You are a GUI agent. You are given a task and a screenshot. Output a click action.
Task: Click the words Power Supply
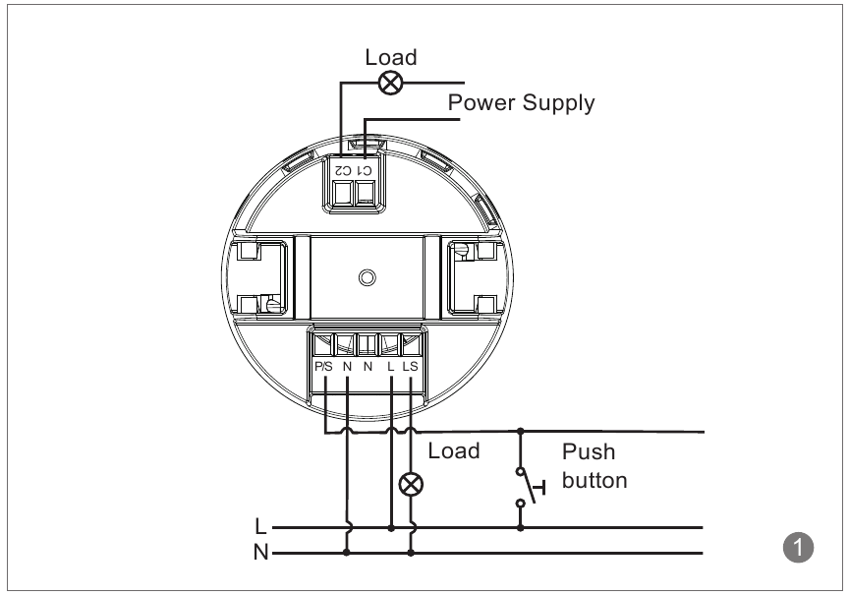pos(521,102)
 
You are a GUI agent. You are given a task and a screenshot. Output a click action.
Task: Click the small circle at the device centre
pos(367,277)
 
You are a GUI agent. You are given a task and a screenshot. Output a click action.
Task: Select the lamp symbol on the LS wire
pos(411,484)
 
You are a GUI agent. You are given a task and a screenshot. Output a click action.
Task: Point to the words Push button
pos(594,467)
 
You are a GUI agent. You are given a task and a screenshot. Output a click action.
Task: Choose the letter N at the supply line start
pos(259,553)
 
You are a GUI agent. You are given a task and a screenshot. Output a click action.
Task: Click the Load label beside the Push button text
pos(454,451)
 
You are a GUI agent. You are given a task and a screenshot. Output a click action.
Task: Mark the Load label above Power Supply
pos(391,57)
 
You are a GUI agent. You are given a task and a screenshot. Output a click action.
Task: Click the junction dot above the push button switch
pos(520,431)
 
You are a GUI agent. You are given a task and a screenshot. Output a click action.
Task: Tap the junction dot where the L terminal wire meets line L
pos(391,528)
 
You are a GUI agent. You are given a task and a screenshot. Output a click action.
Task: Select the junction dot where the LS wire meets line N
pos(411,553)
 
